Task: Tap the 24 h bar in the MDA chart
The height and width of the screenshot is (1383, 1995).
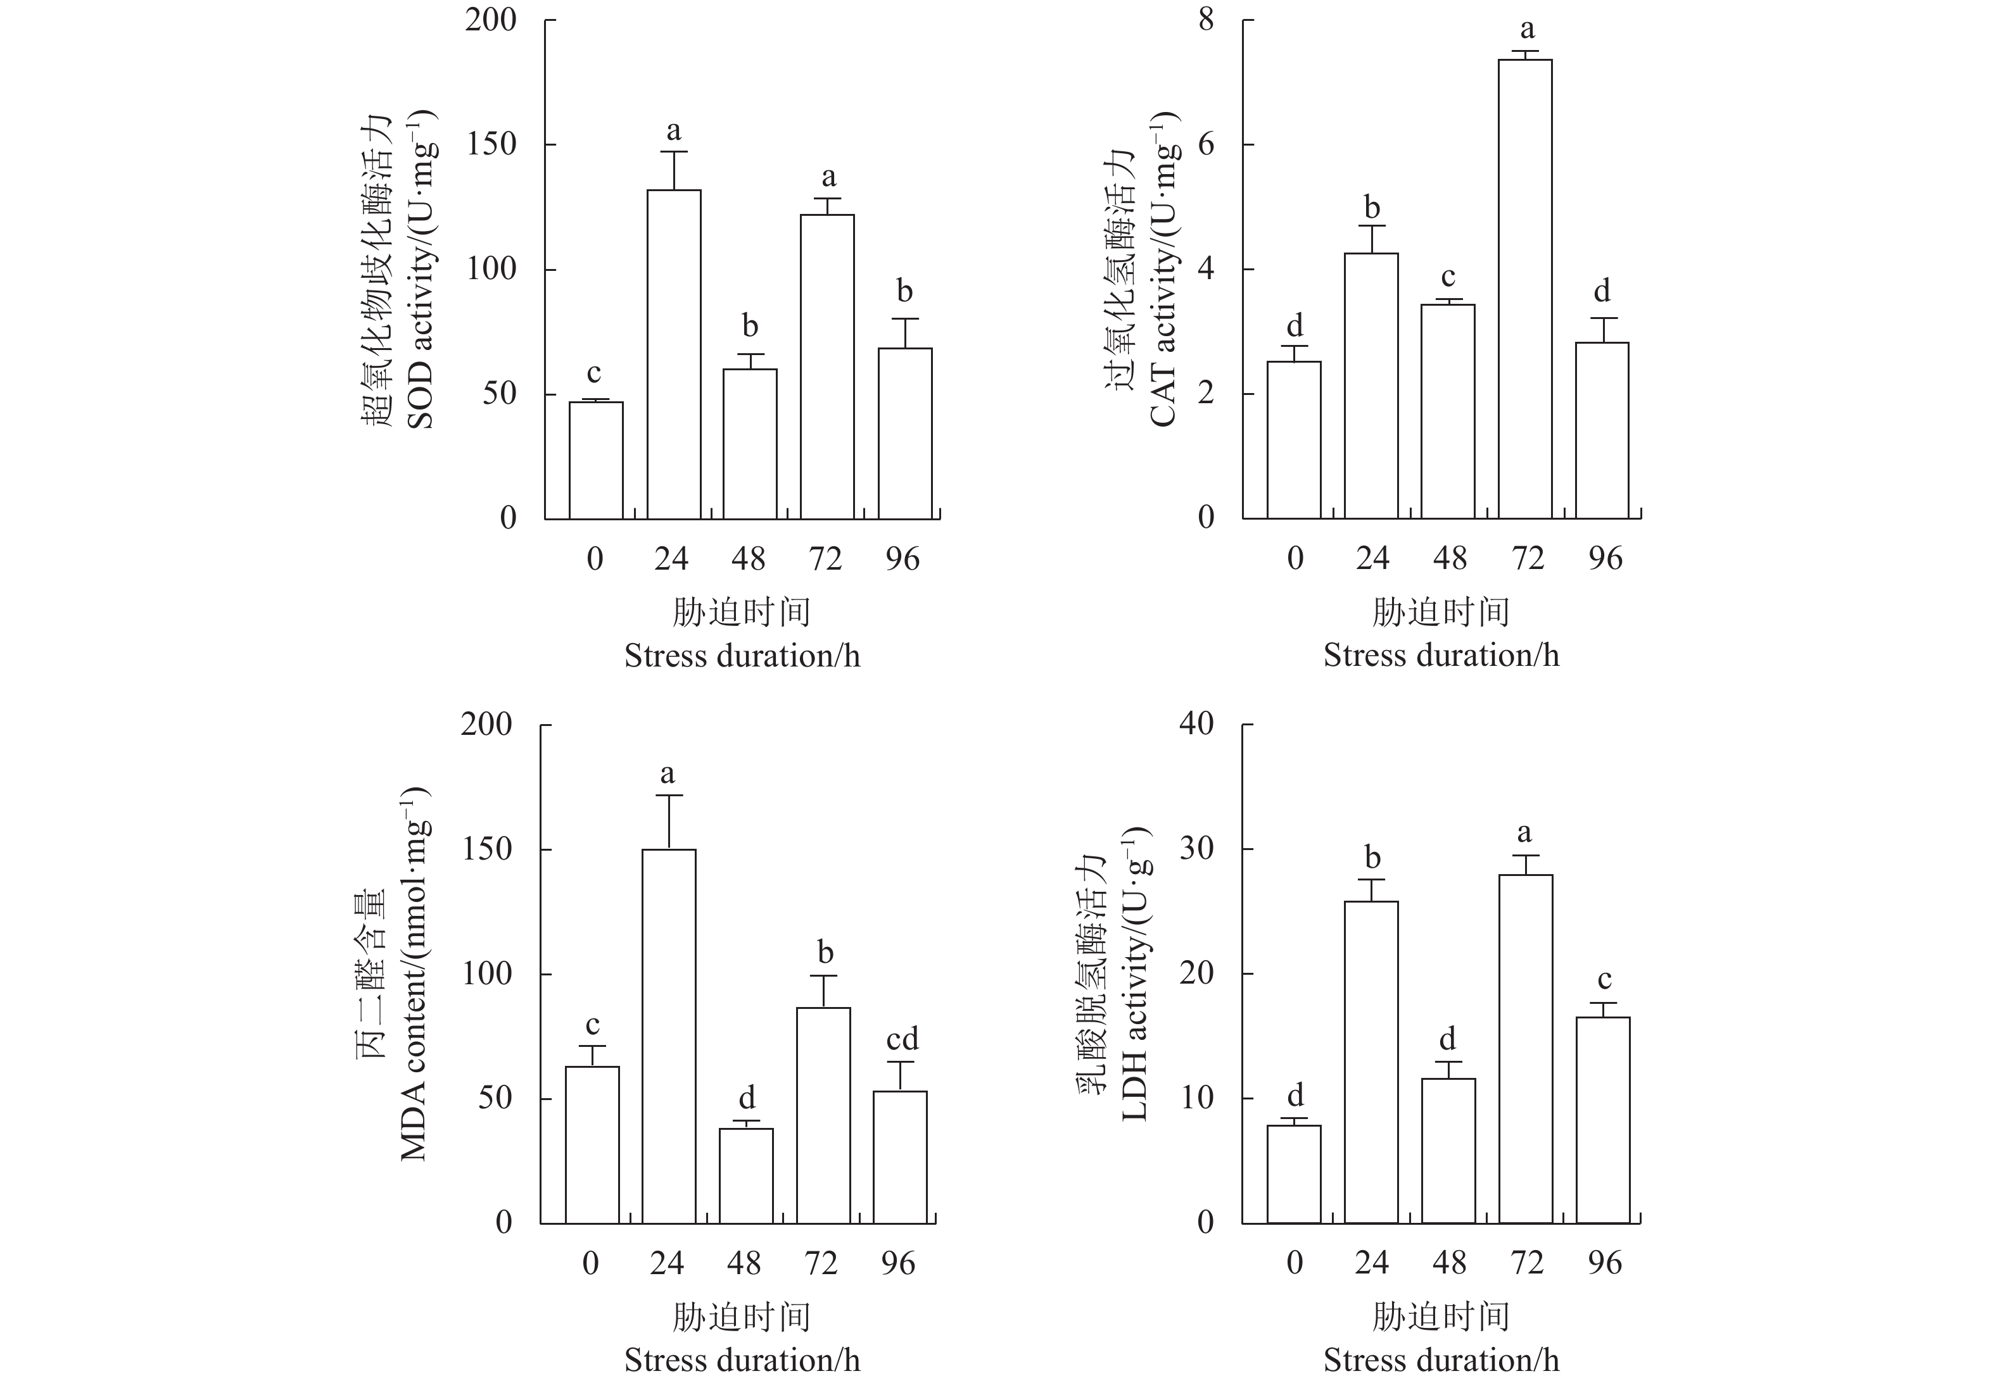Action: coord(668,1036)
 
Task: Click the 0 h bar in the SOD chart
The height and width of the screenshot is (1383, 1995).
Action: coord(595,460)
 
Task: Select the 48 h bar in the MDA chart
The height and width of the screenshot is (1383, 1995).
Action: coord(745,1175)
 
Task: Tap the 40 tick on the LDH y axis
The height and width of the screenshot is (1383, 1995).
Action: coord(1196,723)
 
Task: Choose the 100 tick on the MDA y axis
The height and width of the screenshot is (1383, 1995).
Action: coord(486,974)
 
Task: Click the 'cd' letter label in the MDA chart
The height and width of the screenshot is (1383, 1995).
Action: coord(902,1038)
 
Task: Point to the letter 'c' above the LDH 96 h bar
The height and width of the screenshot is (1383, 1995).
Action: coord(1604,979)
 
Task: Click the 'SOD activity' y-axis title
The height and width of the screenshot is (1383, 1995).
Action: coord(420,268)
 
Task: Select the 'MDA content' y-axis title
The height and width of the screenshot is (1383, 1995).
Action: coord(414,975)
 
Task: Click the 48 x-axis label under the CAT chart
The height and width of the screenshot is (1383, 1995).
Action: coord(1450,559)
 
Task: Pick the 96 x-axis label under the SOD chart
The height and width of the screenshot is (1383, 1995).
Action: coord(902,559)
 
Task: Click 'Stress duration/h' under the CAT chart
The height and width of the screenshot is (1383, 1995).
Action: coord(1441,655)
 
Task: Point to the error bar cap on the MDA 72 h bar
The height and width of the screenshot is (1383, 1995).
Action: coord(824,976)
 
